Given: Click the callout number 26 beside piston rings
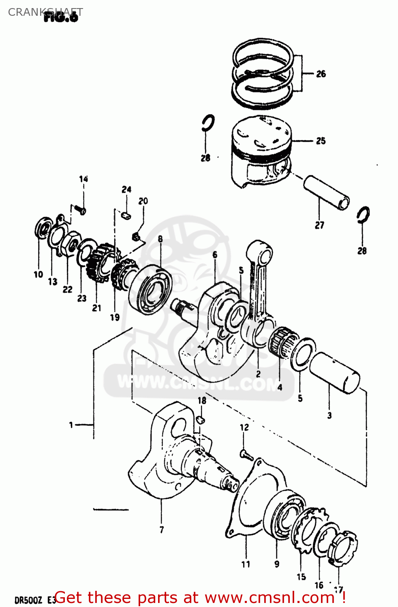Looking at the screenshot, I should (x=321, y=74).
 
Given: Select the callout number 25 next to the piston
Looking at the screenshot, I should (x=321, y=141).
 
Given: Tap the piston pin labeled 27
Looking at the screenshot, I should (x=327, y=192).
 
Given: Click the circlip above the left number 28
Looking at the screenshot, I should (x=208, y=123).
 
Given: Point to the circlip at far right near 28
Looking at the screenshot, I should (x=363, y=215).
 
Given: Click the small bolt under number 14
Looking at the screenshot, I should (x=81, y=210).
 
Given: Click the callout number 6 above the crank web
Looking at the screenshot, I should (x=215, y=255).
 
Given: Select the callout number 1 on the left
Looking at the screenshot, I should (x=71, y=424).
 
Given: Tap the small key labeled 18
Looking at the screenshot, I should (x=200, y=420).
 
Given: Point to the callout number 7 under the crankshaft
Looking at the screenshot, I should (x=161, y=529).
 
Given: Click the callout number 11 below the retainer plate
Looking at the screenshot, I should (x=246, y=564).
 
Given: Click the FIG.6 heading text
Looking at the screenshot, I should (x=61, y=17).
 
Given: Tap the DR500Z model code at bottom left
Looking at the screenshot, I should (x=28, y=599).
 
